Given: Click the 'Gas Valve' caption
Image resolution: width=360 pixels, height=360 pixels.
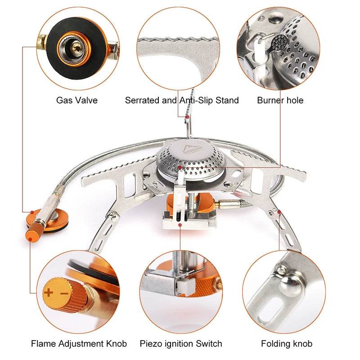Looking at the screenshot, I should pos(76,100).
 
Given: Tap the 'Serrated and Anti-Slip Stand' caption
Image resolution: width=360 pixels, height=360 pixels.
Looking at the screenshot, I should pos(182,100).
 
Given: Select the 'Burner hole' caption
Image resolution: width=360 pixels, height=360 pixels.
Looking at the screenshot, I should pos(280,100).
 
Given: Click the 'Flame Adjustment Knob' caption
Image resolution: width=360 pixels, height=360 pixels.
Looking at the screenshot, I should pos(79,344).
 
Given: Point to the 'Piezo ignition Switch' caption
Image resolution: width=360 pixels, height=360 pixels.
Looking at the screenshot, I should pos(181,344).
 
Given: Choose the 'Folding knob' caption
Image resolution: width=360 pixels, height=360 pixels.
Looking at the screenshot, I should pos(287,344).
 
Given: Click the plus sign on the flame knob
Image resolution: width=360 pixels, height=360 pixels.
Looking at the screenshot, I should pos(48,293).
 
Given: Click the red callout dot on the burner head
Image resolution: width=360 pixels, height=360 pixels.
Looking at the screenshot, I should pos(180,167).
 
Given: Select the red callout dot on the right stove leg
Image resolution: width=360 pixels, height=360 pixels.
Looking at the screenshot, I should pos(279,211).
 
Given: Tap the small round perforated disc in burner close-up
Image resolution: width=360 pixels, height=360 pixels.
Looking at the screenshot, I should pos(280,43).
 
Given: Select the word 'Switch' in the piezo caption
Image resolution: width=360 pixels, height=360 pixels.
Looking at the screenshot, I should pos(207,344).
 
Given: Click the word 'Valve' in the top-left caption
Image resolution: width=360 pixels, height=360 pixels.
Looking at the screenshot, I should pos(87,100).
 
